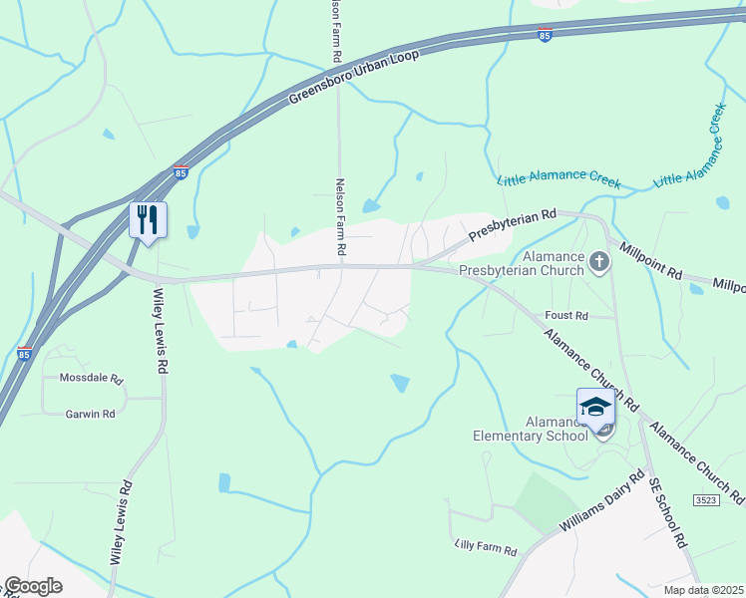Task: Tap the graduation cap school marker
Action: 595,408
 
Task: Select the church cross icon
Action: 598,262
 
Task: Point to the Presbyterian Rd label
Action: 512,224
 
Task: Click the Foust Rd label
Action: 566,315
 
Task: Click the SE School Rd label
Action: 667,512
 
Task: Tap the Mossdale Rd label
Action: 90,380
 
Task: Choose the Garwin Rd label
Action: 90,414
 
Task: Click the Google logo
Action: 33,586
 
